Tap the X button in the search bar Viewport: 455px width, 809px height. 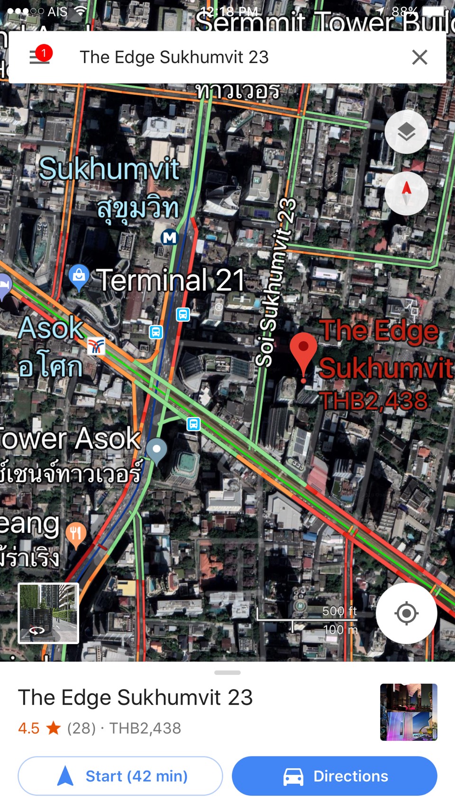pos(419,57)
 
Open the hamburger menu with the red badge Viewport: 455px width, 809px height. pos(40,56)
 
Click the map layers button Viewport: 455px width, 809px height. pos(406,132)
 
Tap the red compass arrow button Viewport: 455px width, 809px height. pos(406,193)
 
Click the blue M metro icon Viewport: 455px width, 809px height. pos(169,237)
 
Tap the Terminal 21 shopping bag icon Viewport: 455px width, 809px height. pos(79,275)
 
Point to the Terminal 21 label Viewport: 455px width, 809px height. pos(171,280)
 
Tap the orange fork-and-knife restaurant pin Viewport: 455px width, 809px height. pos(76,534)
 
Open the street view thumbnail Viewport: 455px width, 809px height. pos(48,613)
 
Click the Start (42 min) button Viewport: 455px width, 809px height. pos(120,776)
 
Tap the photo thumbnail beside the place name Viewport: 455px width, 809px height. pos(409,712)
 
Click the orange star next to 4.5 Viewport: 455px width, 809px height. pos(54,728)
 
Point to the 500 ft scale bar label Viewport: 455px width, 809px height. pos(339,611)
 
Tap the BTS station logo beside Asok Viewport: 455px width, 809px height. pos(96,347)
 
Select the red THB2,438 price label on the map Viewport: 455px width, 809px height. pos(373,401)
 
